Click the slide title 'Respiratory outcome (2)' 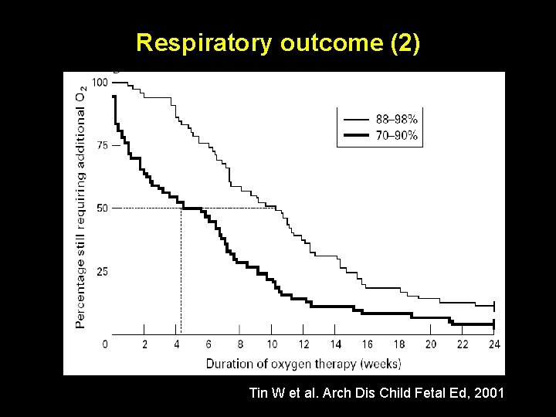pyautogui.click(x=278, y=42)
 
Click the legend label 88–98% pyautogui.click(x=397, y=120)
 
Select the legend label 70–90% pyautogui.click(x=397, y=136)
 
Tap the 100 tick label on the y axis pyautogui.click(x=100, y=82)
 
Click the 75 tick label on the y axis pyautogui.click(x=102, y=144)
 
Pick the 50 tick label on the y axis pyautogui.click(x=102, y=208)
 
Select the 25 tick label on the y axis pyautogui.click(x=102, y=271)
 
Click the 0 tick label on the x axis pyautogui.click(x=105, y=344)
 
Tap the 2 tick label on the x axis pyautogui.click(x=145, y=344)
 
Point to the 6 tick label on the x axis pyautogui.click(x=208, y=344)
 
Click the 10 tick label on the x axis pyautogui.click(x=272, y=344)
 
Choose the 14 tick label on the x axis pyautogui.click(x=335, y=344)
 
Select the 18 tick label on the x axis pyautogui.click(x=399, y=344)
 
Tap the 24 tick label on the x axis pyautogui.click(x=494, y=344)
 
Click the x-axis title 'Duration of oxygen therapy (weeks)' pyautogui.click(x=303, y=362)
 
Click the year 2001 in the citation pyautogui.click(x=489, y=394)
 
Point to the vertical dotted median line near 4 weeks pyautogui.click(x=181, y=270)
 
